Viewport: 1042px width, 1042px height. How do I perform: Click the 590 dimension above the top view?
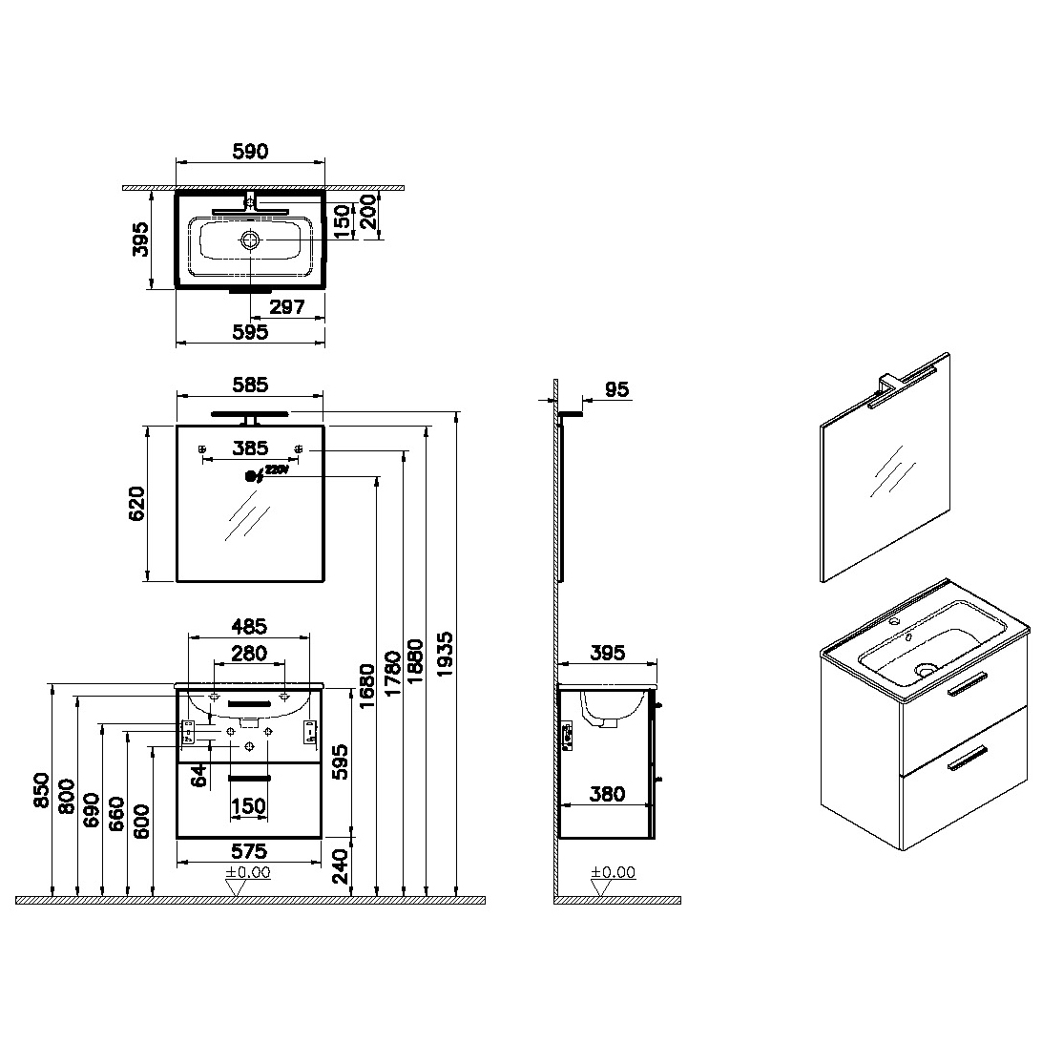[251, 152]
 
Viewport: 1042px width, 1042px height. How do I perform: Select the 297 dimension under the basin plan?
[287, 307]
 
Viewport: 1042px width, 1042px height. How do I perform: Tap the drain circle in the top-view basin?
[250, 240]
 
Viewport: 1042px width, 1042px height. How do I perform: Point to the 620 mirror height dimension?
[136, 504]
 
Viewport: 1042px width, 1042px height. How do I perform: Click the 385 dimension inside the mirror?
[250, 448]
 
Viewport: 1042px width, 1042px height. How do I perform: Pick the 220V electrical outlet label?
[278, 469]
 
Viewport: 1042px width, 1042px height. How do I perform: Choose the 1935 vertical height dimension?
[445, 655]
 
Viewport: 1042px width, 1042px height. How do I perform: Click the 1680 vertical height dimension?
[367, 686]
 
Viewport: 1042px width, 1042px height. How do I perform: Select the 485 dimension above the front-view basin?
[249, 626]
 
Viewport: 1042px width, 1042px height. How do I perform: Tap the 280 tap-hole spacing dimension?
[249, 654]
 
